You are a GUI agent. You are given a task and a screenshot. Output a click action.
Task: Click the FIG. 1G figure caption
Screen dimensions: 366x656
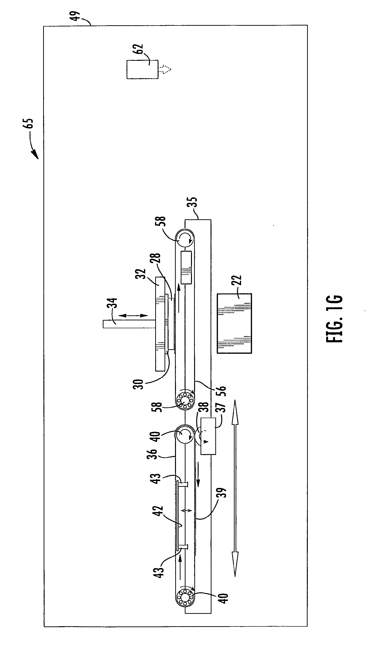tap(335, 319)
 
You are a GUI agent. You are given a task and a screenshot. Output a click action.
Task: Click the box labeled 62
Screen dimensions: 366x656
tap(142, 69)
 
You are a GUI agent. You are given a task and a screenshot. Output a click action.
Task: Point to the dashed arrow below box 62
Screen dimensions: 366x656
tap(165, 69)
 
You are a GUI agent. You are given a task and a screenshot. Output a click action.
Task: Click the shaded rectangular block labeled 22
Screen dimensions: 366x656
tap(234, 323)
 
